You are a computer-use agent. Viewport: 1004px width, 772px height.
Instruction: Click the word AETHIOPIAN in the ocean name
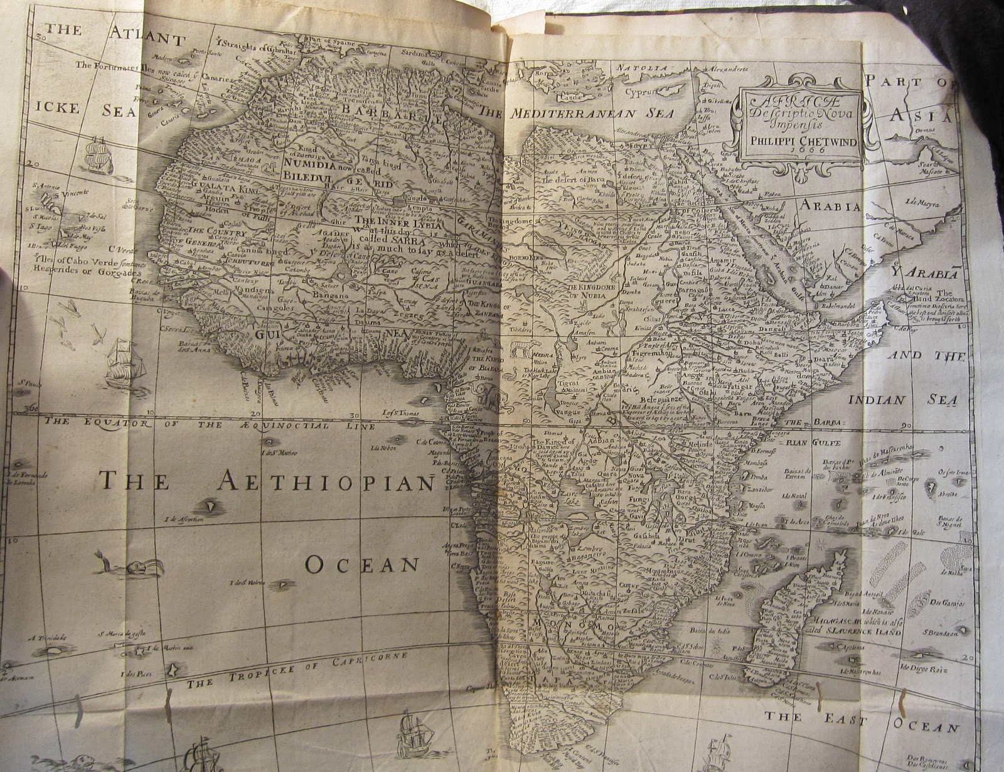tap(326, 482)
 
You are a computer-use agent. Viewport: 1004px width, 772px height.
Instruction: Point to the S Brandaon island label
tap(939, 633)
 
